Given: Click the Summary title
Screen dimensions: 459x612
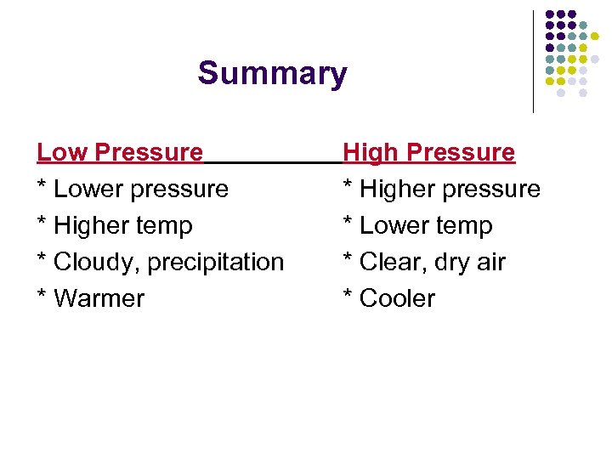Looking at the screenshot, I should coord(272,74).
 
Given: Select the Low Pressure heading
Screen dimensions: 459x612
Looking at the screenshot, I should coord(120,153).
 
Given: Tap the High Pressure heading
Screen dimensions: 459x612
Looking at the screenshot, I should coord(428,153).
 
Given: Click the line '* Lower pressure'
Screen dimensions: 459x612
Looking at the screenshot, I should coord(133,189).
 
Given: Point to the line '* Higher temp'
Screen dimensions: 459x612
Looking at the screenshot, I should coord(115,225).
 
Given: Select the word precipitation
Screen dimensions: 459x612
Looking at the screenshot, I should coord(216,262).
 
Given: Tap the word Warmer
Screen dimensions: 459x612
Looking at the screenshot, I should coord(99,298).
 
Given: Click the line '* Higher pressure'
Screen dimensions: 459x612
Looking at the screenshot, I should coord(441,189).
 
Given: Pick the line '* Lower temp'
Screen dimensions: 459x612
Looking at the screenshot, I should coord(417,225).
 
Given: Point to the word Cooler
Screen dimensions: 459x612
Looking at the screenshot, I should coord(397,298).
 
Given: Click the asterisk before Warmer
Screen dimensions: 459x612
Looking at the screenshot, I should coord(42,297).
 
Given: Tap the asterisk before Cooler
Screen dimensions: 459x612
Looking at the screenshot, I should coord(348,297).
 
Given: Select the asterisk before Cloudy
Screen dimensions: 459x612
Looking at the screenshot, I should coord(42,260).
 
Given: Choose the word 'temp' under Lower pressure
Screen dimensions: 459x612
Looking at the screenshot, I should coord(167,225).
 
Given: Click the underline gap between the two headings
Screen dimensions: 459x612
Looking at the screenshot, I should coord(272,161).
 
